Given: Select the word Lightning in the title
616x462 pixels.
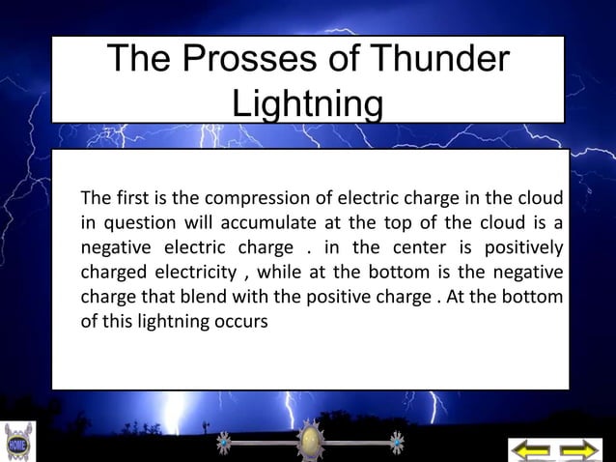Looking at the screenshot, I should point(308,103).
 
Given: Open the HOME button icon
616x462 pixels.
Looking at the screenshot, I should point(18,443).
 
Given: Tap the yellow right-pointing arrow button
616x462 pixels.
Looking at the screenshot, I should point(580,449).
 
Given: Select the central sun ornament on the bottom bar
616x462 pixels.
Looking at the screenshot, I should point(308,442).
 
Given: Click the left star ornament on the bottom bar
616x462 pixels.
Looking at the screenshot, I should point(224,443).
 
